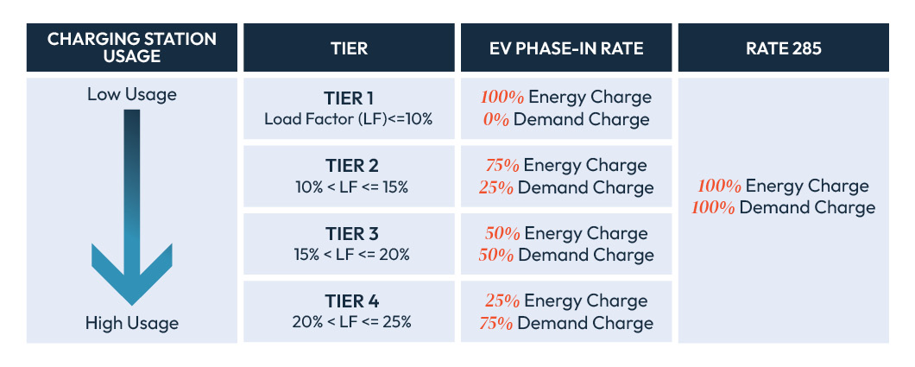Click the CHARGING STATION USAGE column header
pyautogui.click(x=131, y=48)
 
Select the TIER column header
pyautogui.click(x=349, y=48)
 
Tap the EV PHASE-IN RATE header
pyautogui.click(x=565, y=48)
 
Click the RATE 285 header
pyautogui.click(x=783, y=48)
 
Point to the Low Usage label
pyautogui.click(x=131, y=94)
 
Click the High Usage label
pyautogui.click(x=131, y=324)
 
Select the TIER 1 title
pyautogui.click(x=349, y=98)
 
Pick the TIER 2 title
pyautogui.click(x=349, y=166)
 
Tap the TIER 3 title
pyautogui.click(x=349, y=234)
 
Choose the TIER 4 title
pyautogui.click(x=349, y=301)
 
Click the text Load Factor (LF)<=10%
pyautogui.click(x=349, y=119)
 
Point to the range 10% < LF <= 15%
pyautogui.click(x=349, y=187)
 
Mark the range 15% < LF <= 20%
pyautogui.click(x=349, y=255)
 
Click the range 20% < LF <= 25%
pyautogui.click(x=349, y=322)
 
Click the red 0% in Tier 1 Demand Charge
pyautogui.click(x=496, y=119)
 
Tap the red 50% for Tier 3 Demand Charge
pyautogui.click(x=495, y=255)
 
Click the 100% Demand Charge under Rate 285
pyautogui.click(x=783, y=207)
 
